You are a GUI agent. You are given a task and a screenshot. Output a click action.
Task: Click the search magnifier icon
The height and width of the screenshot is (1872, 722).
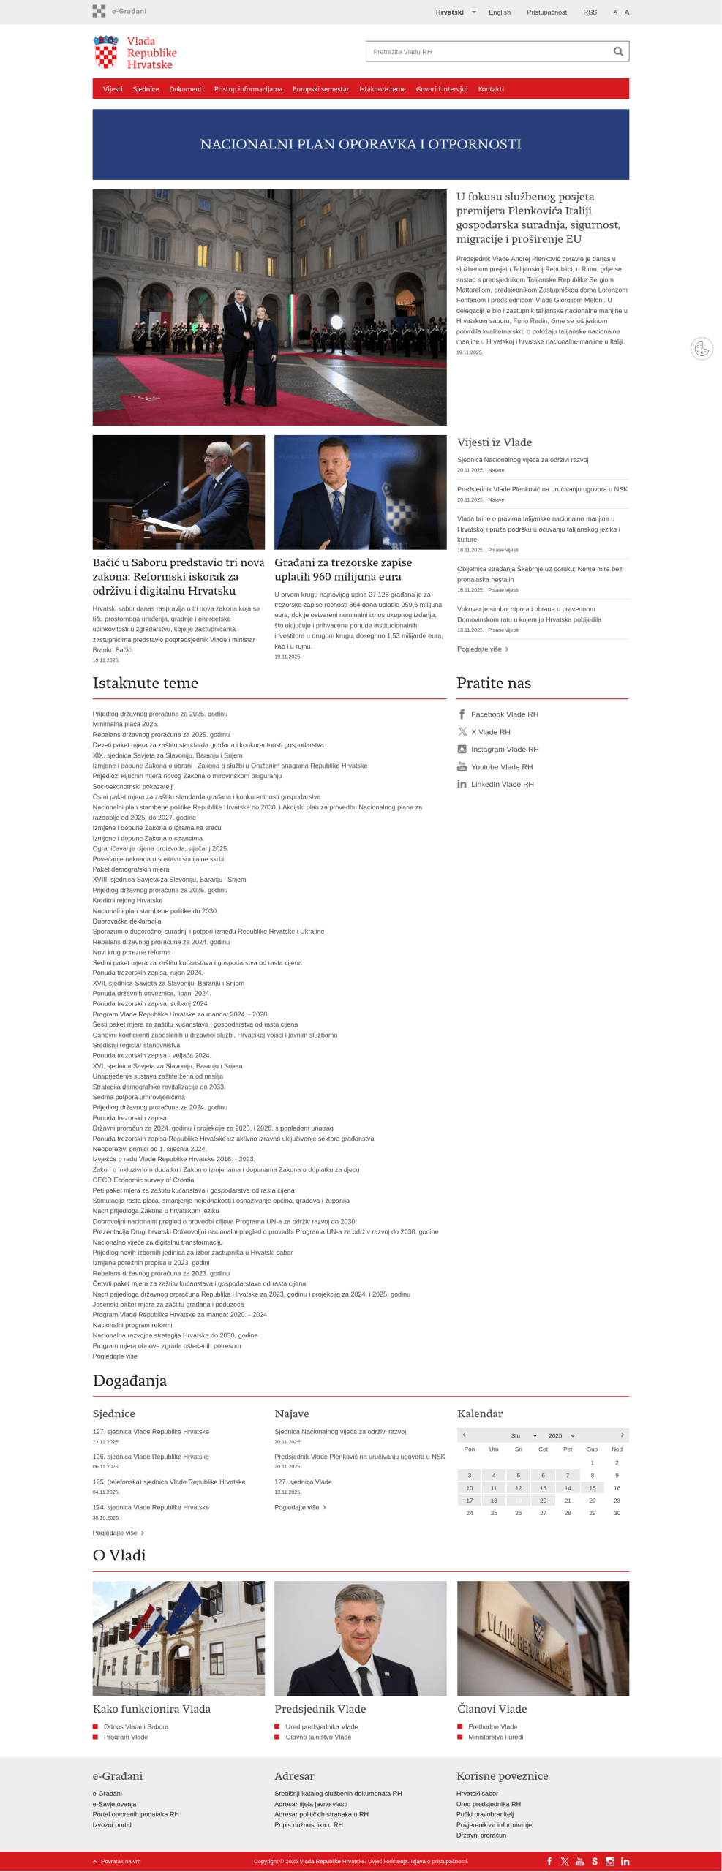pos(618,51)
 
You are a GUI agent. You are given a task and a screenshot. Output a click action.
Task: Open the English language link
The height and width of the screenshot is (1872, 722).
pos(500,12)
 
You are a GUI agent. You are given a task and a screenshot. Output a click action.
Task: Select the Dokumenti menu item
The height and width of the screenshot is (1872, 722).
pos(187,89)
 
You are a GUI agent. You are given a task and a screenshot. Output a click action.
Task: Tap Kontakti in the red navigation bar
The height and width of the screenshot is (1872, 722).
pos(491,89)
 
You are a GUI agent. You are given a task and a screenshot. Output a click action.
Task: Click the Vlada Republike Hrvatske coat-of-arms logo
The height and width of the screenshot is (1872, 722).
pos(106,52)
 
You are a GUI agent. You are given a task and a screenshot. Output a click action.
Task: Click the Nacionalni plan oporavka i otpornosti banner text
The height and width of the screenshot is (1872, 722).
pos(361,144)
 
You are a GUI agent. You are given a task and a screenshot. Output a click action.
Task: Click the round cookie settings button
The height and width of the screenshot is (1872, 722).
pos(702,349)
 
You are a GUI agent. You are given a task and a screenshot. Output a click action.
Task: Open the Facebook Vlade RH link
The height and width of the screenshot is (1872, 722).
pos(504,714)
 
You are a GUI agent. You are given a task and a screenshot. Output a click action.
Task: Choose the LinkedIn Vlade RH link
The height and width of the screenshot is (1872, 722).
pos(502,785)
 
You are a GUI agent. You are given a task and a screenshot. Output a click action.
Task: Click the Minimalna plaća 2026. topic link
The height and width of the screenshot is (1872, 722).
pos(125,724)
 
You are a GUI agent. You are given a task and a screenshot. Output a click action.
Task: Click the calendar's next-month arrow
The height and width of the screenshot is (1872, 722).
pos(623,1435)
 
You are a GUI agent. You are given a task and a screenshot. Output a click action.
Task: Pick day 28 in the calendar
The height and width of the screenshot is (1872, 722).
pos(568,1513)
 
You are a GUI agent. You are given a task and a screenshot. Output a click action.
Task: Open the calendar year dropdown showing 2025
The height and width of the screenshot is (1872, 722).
pos(561,1435)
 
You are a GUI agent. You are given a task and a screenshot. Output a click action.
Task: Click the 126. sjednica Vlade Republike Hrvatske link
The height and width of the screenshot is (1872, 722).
pos(151,1457)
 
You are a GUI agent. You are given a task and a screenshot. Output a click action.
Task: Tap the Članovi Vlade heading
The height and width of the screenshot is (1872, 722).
pos(492,1709)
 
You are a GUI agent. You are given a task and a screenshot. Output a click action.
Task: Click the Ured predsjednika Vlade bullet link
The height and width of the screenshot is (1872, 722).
pos(321,1726)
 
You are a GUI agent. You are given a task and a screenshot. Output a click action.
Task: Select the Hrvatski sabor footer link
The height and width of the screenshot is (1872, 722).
pos(477,1793)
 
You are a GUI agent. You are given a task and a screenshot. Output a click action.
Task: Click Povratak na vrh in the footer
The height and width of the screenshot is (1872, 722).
pos(120,1861)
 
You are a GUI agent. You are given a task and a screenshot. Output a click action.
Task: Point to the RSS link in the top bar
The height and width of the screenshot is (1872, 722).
pos(590,12)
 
